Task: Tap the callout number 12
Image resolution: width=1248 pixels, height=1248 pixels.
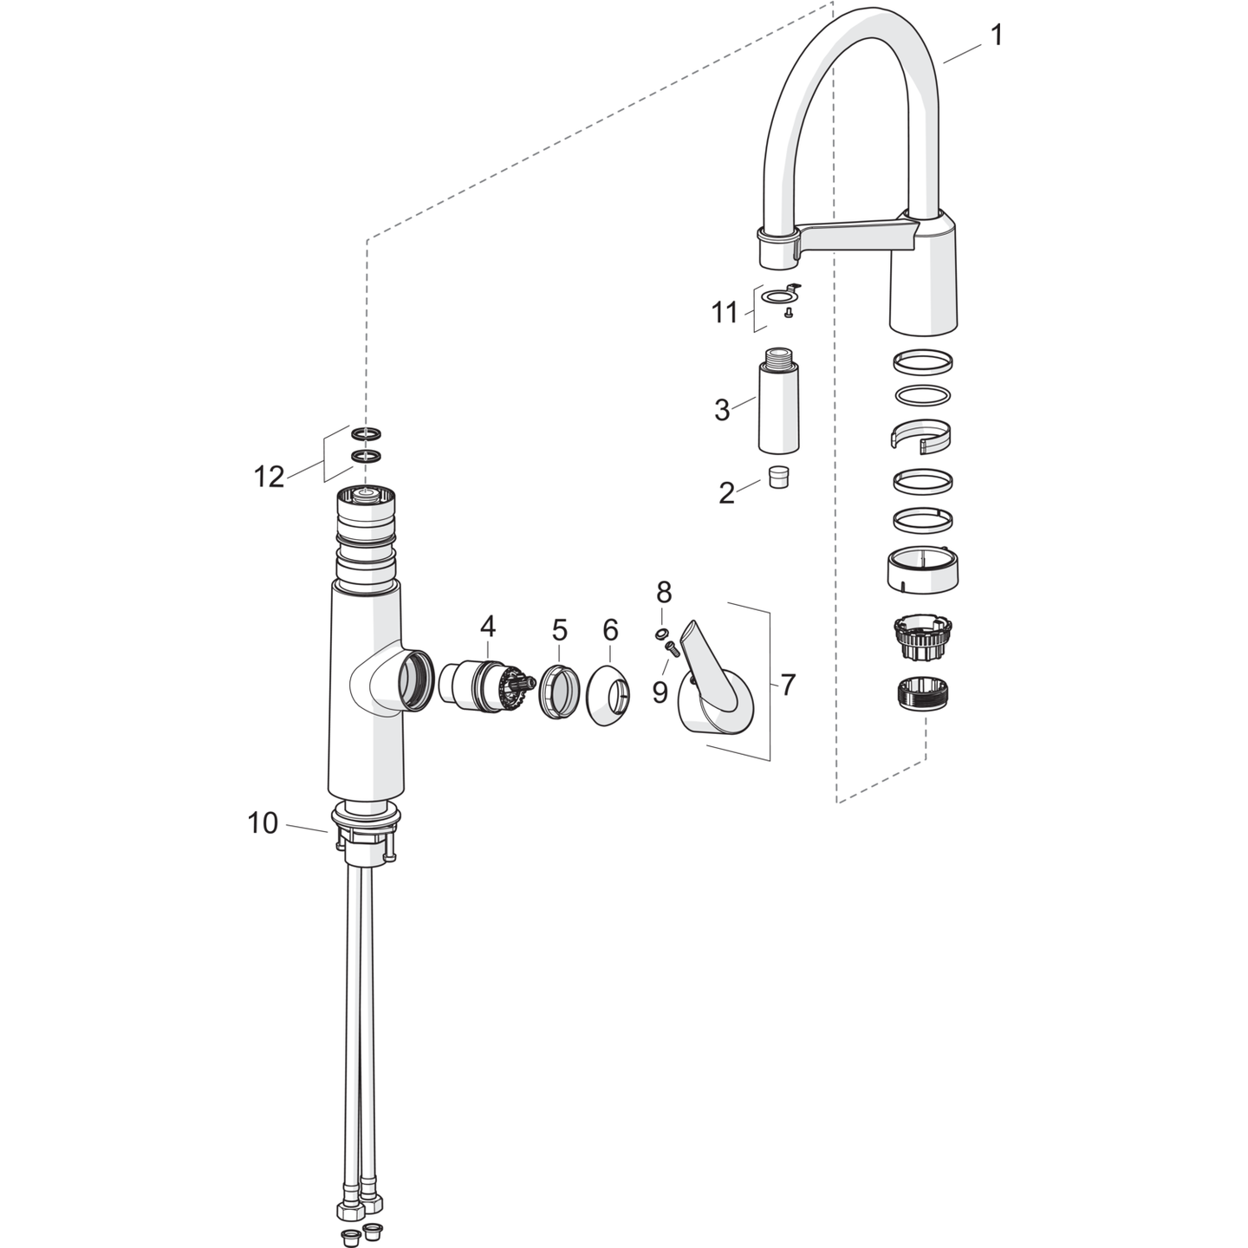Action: click(x=269, y=478)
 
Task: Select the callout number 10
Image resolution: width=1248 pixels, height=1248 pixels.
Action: click(x=263, y=823)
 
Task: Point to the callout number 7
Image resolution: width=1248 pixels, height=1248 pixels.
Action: click(x=786, y=685)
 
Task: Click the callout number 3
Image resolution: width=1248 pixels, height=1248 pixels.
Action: click(x=721, y=410)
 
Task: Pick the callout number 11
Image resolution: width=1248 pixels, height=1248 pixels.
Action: click(x=725, y=313)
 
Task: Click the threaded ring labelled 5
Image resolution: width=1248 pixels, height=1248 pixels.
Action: click(x=558, y=691)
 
